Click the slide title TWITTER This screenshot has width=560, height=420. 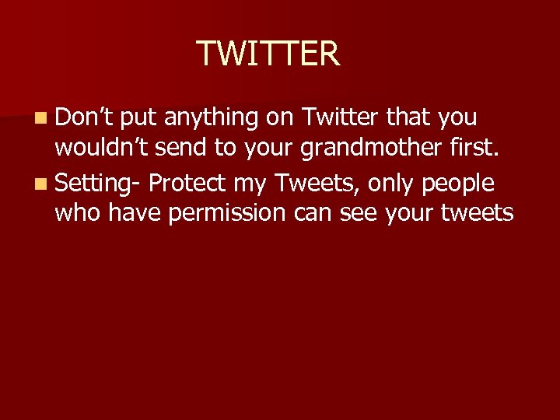point(268,54)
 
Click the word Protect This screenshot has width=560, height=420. point(186,184)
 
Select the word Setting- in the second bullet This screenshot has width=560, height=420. point(97,184)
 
